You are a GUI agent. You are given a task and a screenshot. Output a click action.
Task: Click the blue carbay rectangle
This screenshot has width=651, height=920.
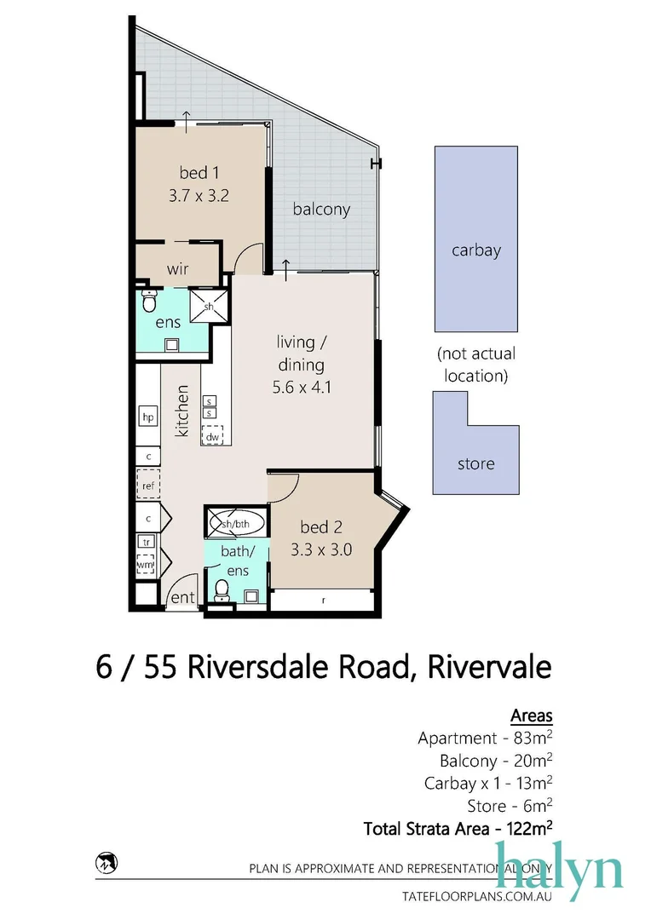tap(476, 239)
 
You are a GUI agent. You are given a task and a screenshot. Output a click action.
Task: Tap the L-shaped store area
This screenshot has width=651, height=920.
tap(475, 464)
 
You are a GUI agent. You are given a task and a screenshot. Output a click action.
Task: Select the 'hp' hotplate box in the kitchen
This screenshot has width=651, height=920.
tap(148, 417)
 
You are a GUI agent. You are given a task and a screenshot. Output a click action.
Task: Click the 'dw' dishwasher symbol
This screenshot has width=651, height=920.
tap(211, 436)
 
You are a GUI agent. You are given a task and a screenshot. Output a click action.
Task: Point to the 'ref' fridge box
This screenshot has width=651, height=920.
tap(148, 486)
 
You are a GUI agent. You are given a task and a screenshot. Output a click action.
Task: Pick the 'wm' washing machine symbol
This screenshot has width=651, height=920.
tap(146, 564)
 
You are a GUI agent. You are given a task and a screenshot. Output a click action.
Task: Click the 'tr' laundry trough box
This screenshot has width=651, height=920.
tap(146, 542)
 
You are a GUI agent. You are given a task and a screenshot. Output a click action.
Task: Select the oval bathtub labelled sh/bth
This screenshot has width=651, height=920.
tap(234, 524)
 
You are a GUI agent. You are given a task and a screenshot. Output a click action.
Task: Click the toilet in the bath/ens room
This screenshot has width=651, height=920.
tap(222, 589)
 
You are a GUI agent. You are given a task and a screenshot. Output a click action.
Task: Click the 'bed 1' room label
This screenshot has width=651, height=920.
tap(199, 174)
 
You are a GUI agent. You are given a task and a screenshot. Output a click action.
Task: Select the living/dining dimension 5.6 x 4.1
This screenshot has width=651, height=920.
tap(301, 385)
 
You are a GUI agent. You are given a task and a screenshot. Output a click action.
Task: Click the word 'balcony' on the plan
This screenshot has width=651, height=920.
tap(321, 209)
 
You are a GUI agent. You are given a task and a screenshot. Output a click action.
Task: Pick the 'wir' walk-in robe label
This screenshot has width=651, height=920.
tap(177, 268)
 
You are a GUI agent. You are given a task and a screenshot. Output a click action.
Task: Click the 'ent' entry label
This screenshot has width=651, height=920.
tap(183, 598)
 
